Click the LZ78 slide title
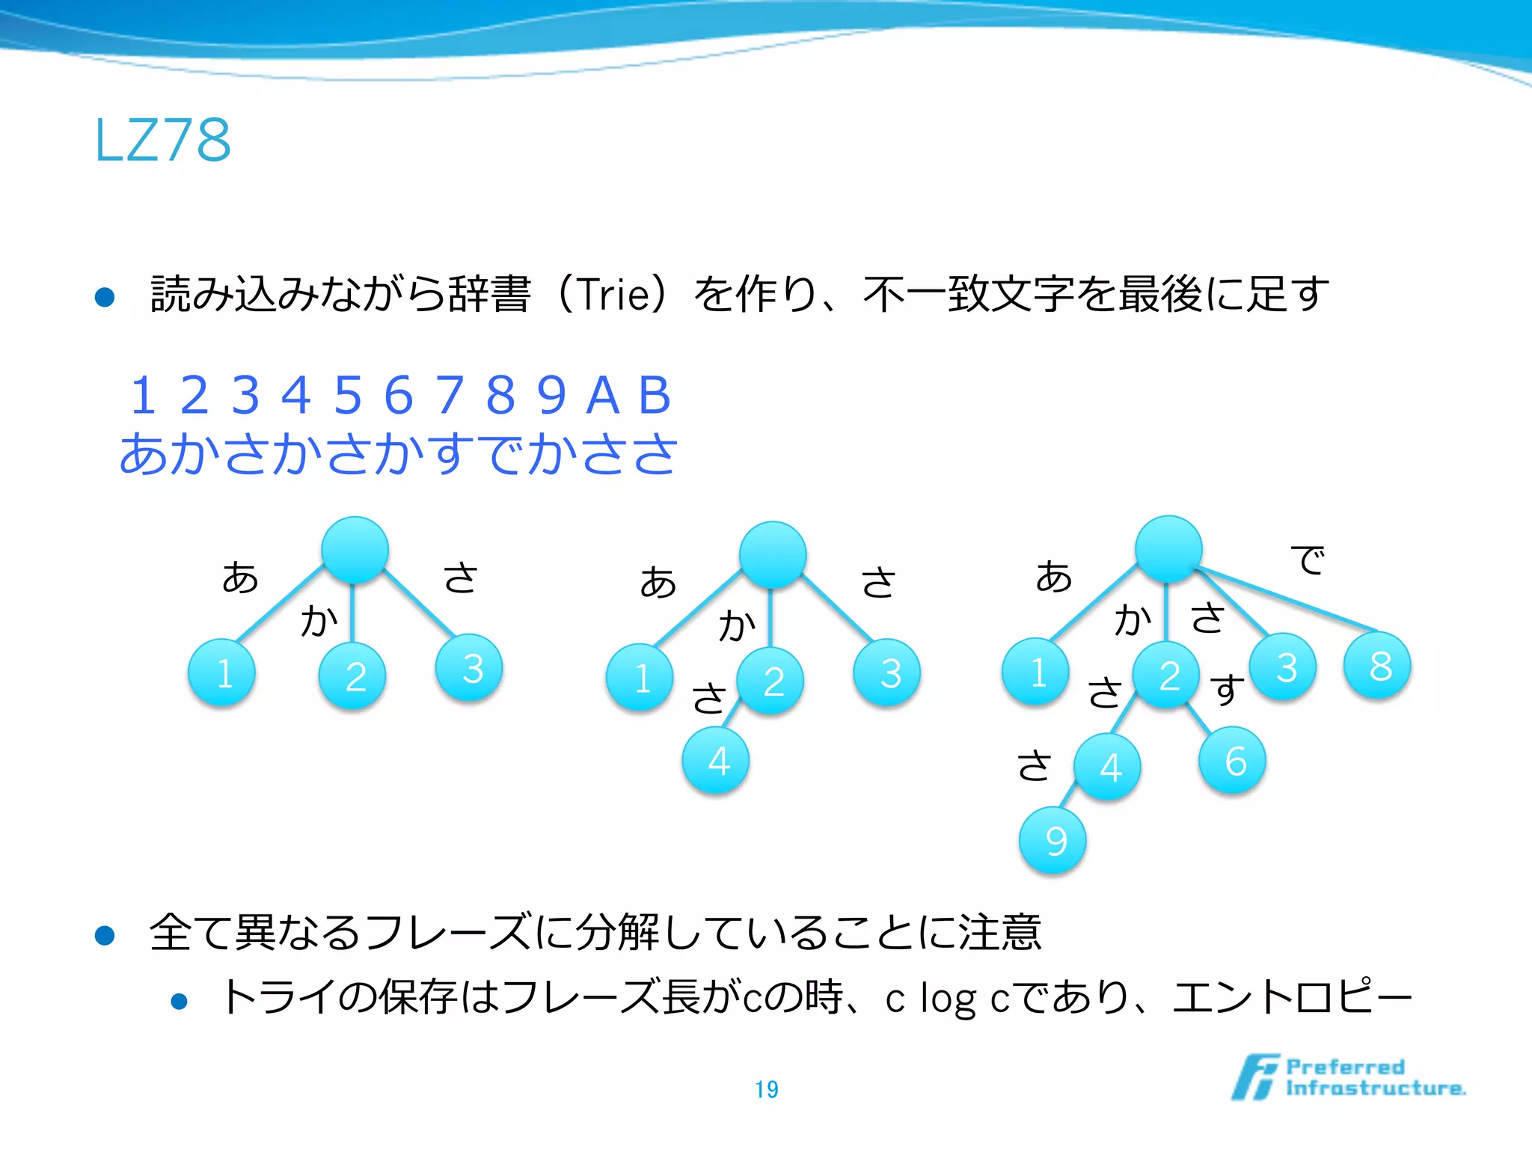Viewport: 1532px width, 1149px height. click(x=162, y=140)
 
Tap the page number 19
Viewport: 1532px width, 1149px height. click(x=767, y=1089)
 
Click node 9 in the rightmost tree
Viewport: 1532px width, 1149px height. click(x=1053, y=841)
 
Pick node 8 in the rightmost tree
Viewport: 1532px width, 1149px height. click(x=1378, y=666)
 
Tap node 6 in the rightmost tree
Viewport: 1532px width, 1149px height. click(x=1233, y=761)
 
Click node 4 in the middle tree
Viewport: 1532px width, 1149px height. click(x=716, y=761)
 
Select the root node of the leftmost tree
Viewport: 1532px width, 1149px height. click(x=355, y=550)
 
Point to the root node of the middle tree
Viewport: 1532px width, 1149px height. click(x=773, y=554)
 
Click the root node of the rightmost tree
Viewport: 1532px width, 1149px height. click(x=1168, y=549)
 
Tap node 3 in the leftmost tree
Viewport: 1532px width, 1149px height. click(x=470, y=668)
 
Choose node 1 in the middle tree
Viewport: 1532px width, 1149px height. click(x=640, y=678)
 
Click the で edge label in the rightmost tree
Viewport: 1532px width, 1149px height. click(x=1308, y=560)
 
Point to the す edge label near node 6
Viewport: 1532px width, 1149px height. click(x=1227, y=689)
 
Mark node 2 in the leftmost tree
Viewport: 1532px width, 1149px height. click(x=353, y=676)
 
